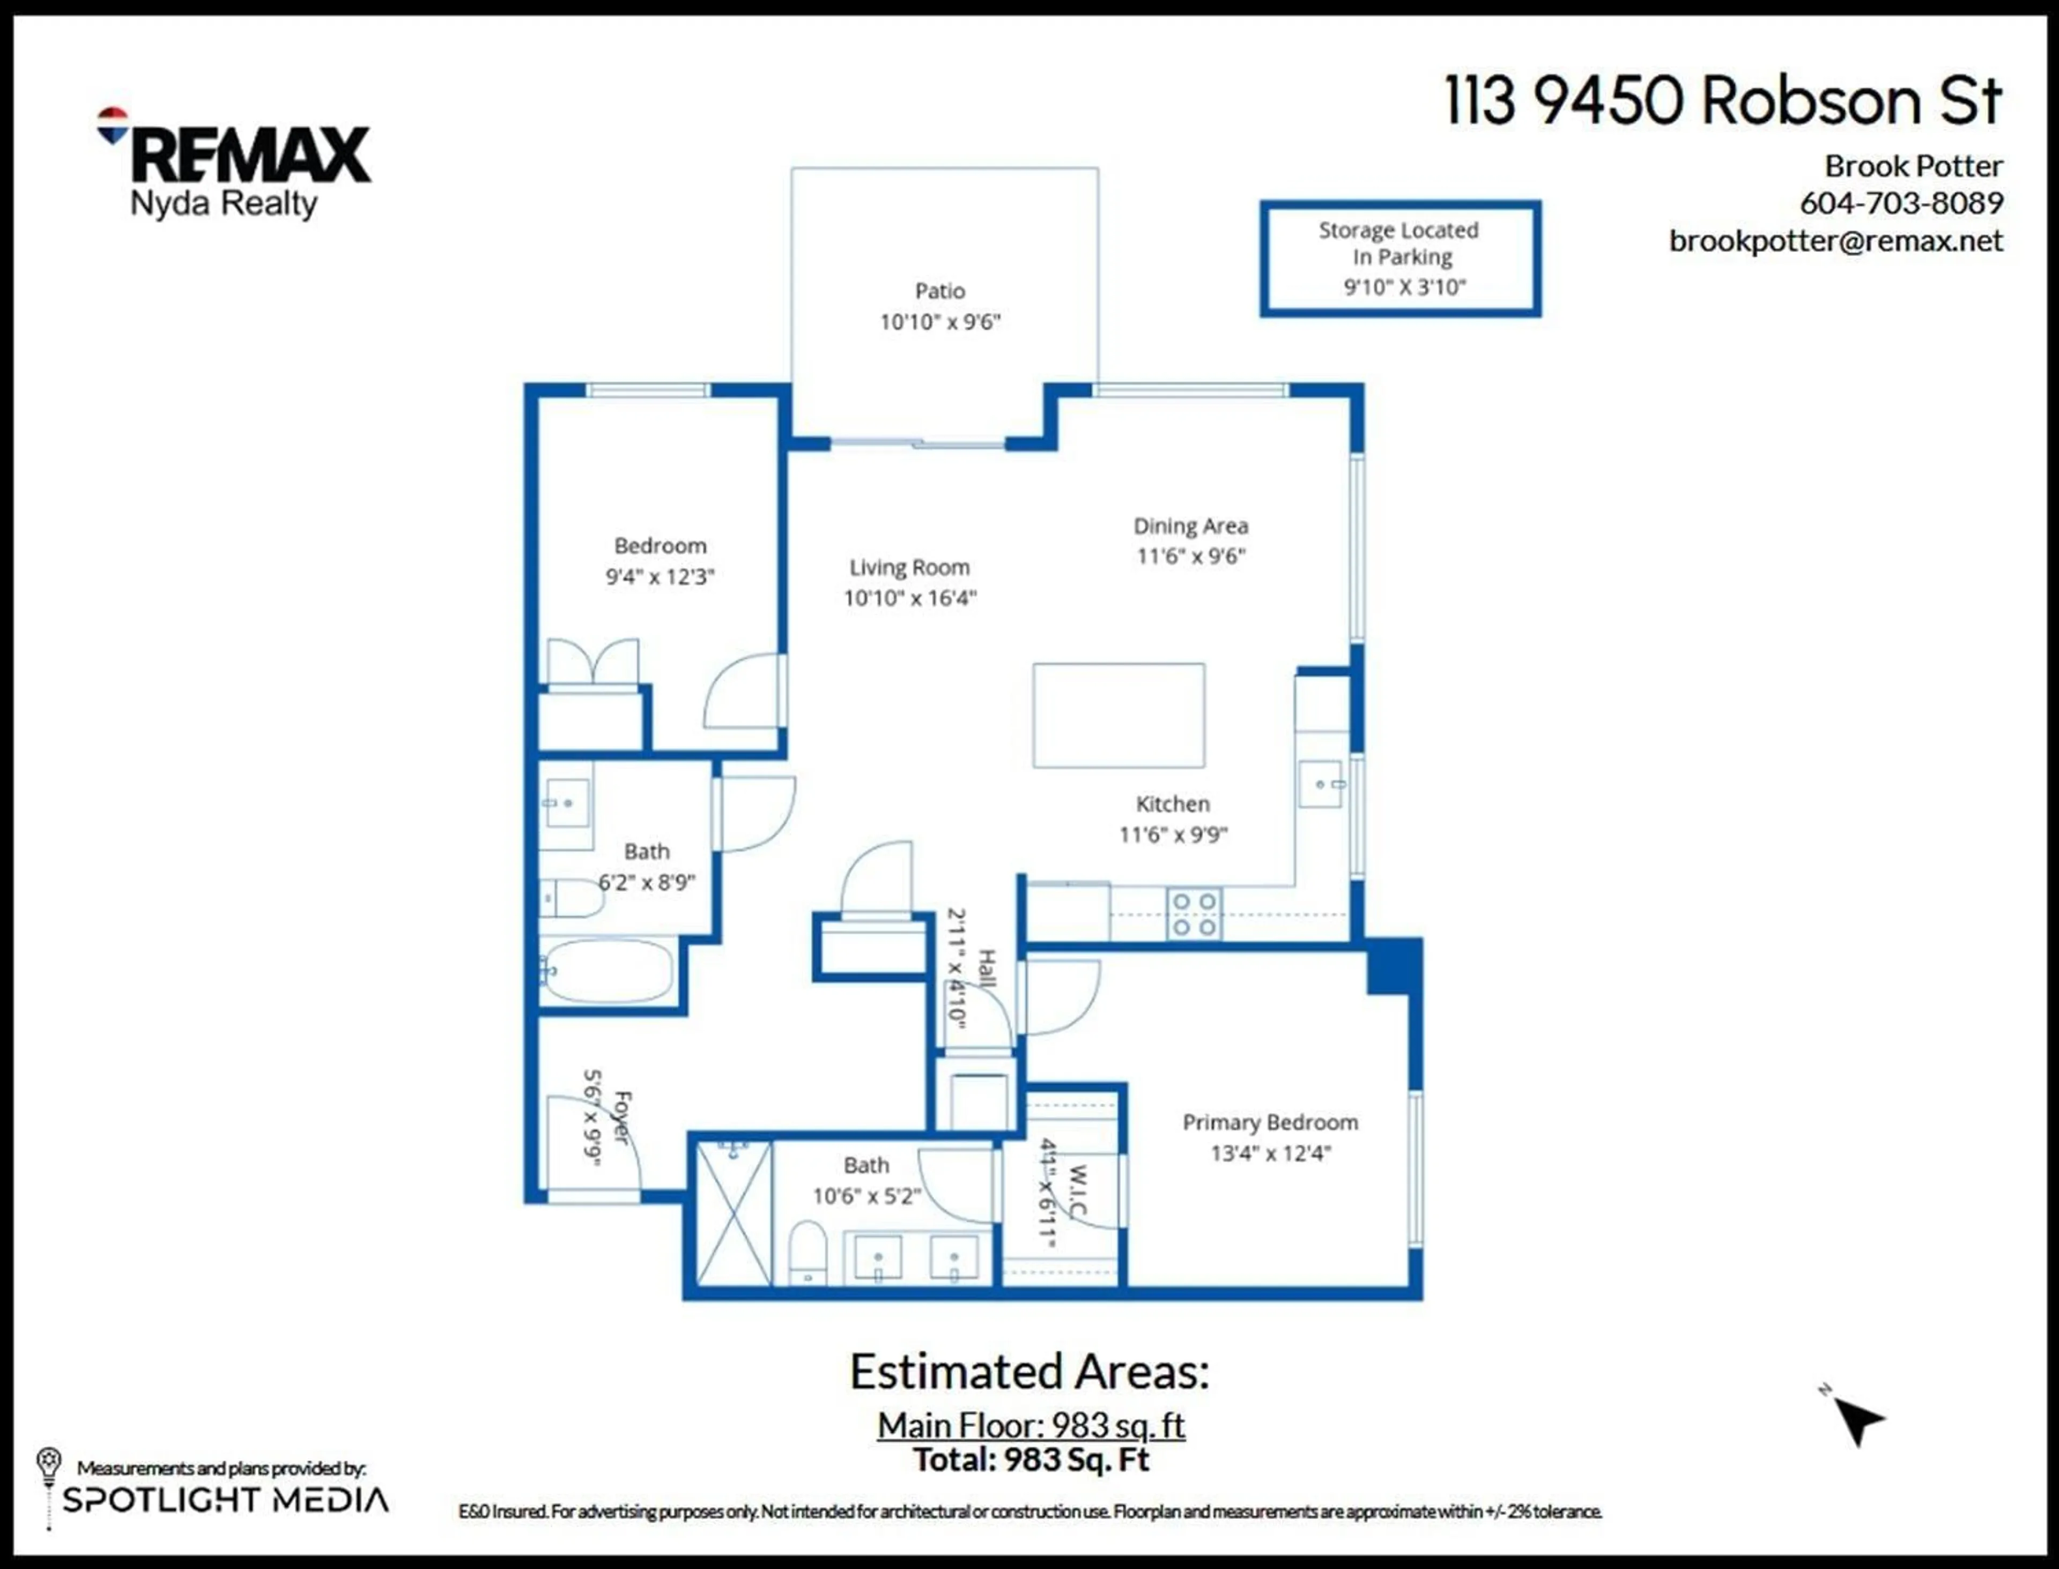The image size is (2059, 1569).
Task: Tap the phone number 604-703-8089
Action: pos(1901,203)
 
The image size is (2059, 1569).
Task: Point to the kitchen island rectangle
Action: pos(1118,715)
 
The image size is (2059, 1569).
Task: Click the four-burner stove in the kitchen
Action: pos(1194,913)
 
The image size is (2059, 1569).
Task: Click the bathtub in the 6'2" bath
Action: pos(607,971)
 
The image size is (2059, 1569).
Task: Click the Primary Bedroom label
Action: pos(1269,1122)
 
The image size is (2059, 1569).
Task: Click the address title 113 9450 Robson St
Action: pos(1723,101)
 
